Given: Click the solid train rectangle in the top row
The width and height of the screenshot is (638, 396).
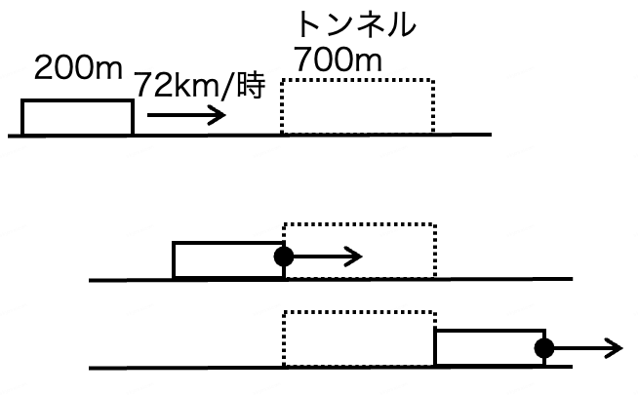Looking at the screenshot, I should [77, 117].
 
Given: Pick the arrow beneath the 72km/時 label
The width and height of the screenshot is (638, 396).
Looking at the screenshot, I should [186, 116].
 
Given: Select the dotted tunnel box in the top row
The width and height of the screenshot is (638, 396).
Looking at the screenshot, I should [357, 106].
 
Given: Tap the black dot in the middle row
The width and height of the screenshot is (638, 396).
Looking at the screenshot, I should [284, 257].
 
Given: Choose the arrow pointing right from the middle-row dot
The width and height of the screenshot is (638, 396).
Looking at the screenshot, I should [328, 257].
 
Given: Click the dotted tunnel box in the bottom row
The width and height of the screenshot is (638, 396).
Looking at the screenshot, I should [358, 338].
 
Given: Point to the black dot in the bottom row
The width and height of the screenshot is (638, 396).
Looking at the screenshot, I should [544, 346].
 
